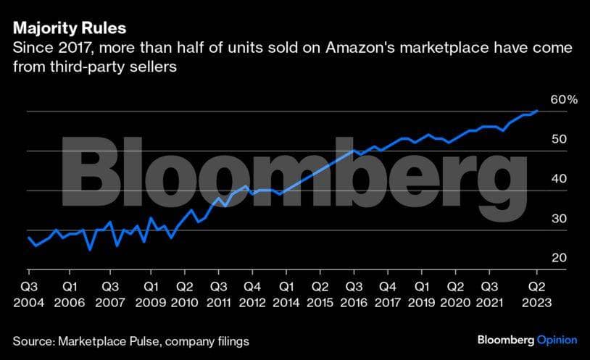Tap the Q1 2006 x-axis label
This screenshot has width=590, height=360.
(71, 293)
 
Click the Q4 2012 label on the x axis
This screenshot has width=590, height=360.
(252, 293)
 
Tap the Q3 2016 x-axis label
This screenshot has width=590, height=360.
(354, 293)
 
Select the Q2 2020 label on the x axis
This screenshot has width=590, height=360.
(455, 293)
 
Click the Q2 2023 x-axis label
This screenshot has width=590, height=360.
(536, 293)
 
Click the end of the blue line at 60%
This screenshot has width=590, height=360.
(536, 111)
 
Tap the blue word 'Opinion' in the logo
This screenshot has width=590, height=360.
(557, 340)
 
